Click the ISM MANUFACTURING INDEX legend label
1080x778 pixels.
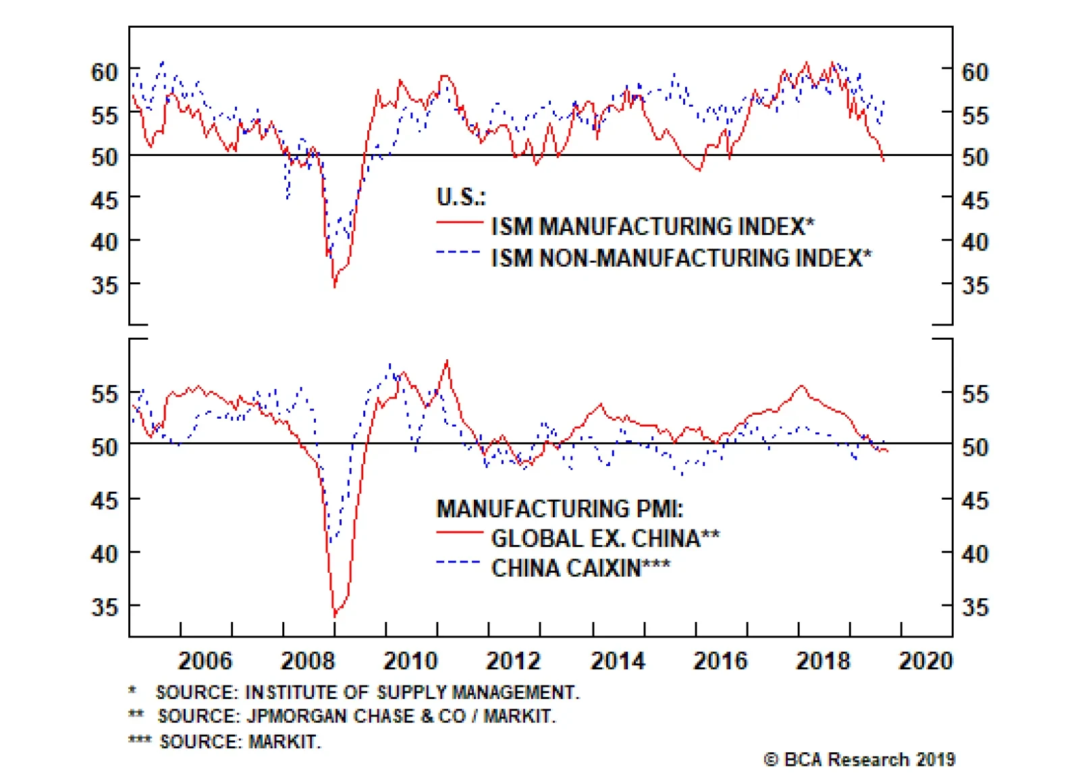tap(652, 226)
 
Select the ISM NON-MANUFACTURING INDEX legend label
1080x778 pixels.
tap(681, 258)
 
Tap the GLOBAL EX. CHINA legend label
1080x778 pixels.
tap(605, 538)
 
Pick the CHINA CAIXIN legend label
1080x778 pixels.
tap(580, 568)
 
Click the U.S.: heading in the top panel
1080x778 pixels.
tap(461, 197)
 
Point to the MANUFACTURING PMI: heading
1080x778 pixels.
tap(560, 509)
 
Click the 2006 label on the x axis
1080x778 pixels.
tap(205, 660)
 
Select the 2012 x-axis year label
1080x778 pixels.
tap(513, 660)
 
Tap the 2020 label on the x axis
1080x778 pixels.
tap(925, 660)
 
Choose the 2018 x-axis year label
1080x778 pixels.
tap(823, 660)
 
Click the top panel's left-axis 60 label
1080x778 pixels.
tap(105, 72)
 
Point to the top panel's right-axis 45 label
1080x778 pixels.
tap(975, 200)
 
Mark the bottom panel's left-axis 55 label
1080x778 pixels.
tap(105, 394)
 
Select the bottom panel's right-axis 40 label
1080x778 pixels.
tap(975, 554)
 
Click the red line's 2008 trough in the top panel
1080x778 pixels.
tap(334, 286)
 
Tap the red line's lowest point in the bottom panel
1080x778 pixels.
tap(335, 615)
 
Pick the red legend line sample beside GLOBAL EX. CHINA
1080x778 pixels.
tap(460, 533)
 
